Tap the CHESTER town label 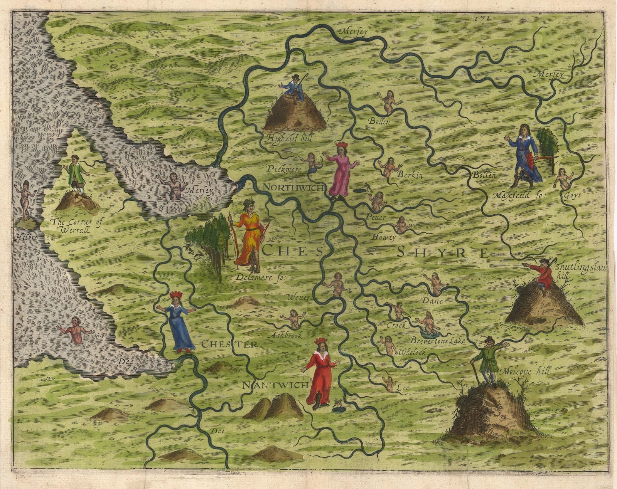(229, 344)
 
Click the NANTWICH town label (275, 385)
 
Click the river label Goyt (572, 195)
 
